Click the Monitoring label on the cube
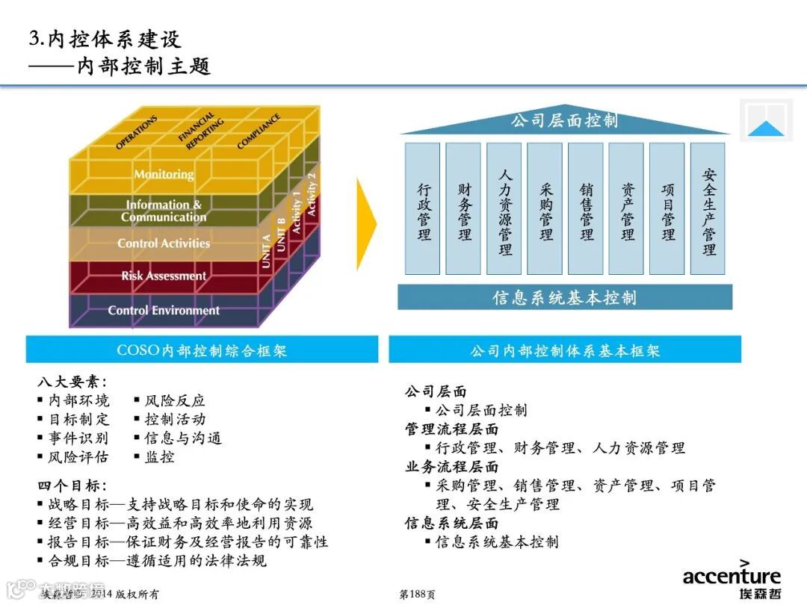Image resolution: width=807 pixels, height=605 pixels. click(164, 174)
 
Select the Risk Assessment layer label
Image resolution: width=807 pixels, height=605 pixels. click(164, 276)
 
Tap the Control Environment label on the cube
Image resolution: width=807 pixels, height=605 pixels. click(164, 310)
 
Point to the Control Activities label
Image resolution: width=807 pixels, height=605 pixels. click(164, 243)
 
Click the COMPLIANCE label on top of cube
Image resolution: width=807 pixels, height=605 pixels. click(259, 131)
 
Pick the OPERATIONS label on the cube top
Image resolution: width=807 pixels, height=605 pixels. click(137, 132)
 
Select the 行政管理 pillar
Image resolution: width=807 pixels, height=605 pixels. click(424, 209)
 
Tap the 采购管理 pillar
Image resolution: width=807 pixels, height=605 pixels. click(545, 209)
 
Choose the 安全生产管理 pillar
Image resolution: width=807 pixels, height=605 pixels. click(708, 209)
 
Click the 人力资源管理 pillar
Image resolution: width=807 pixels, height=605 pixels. click(505, 209)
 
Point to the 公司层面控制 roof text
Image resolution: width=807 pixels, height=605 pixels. click(564, 121)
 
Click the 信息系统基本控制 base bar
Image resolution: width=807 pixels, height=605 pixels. click(564, 297)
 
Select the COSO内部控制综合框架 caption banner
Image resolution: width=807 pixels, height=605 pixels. click(202, 350)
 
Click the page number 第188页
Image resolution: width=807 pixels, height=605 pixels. click(417, 594)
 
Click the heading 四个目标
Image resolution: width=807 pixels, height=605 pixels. click(72, 485)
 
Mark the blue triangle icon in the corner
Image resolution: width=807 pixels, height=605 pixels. click(766, 128)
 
